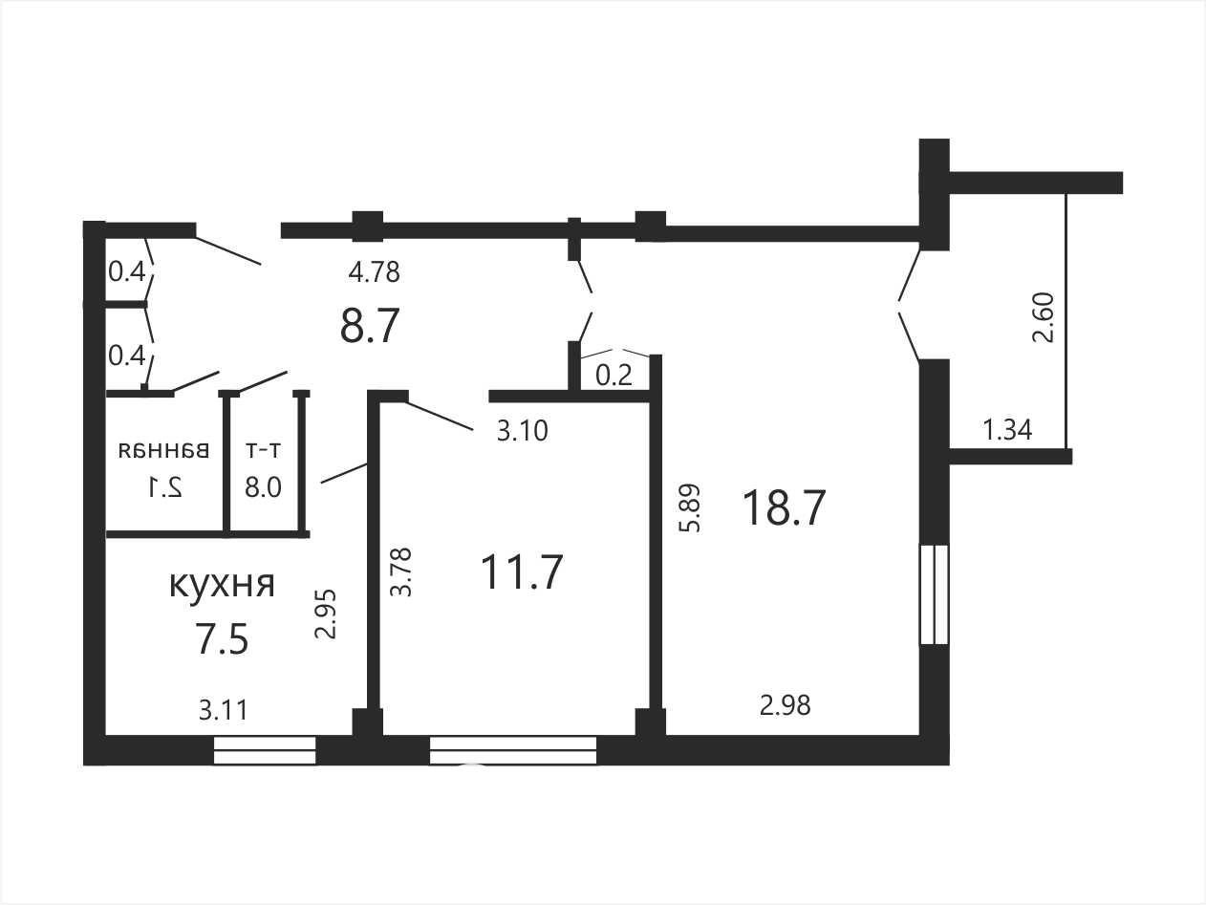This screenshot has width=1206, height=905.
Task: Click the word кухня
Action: point(222,585)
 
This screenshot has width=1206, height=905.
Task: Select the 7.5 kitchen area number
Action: point(222,640)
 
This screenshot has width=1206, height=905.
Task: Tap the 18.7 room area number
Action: point(784,508)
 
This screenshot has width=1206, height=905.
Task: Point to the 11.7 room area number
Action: point(522,572)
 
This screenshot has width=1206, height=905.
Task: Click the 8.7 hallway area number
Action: point(369,325)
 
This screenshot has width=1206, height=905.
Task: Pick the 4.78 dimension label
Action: point(375,272)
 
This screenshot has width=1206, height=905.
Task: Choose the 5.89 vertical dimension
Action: point(690,507)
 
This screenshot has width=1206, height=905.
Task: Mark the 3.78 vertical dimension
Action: point(400,572)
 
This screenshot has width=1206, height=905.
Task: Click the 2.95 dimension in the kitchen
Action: point(325,614)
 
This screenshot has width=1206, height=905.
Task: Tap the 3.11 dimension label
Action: point(223,710)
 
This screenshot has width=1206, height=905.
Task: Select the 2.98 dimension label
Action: point(786,705)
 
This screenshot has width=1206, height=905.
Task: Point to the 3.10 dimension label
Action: point(523,431)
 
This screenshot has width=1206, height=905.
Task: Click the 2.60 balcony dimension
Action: point(1044,318)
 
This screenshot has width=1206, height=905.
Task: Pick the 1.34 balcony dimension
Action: point(1007,430)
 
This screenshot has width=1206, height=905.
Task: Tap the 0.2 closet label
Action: point(614,377)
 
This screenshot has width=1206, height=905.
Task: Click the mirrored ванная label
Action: point(164,450)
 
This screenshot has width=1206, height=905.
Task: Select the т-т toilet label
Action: point(263,451)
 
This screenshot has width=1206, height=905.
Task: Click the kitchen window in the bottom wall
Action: point(265,750)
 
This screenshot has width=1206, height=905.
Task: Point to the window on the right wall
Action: point(936,594)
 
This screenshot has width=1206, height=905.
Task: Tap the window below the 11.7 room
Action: point(512,750)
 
